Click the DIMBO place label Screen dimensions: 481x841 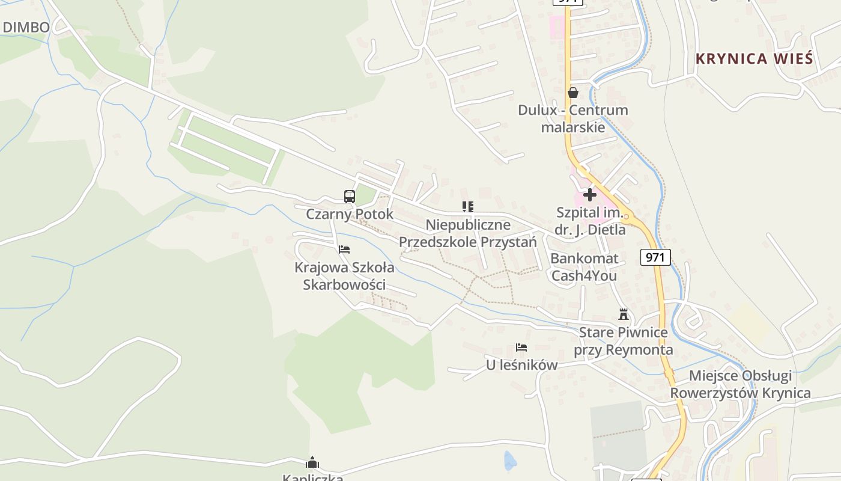pos(26,27)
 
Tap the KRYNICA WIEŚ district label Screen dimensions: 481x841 pos(754,59)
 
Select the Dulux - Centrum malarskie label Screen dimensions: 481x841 pos(573,118)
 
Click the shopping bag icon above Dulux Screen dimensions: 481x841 pos(573,93)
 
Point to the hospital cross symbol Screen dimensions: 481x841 pos(590,195)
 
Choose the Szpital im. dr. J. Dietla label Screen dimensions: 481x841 pos(591,221)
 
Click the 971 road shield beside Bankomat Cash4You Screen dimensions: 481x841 pos(655,257)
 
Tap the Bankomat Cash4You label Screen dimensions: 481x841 pos(584,267)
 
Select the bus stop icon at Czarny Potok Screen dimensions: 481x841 pos(350,196)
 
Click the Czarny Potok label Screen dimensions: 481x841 pos(350,214)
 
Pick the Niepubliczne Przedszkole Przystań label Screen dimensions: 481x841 pos(468,233)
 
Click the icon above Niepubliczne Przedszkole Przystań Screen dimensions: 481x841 pos(468,207)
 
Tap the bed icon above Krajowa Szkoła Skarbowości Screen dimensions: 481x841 pos(344,249)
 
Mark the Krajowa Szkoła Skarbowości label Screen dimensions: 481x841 pos(344,276)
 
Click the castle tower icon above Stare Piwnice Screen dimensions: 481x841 pos(624,314)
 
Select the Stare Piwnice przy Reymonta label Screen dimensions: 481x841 pos(624,341)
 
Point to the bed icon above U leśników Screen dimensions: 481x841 pos(521,348)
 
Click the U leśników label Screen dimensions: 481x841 pos(521,365)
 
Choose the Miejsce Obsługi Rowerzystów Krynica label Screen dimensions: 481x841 pos(740,384)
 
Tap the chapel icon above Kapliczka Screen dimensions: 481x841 pos(312,462)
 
